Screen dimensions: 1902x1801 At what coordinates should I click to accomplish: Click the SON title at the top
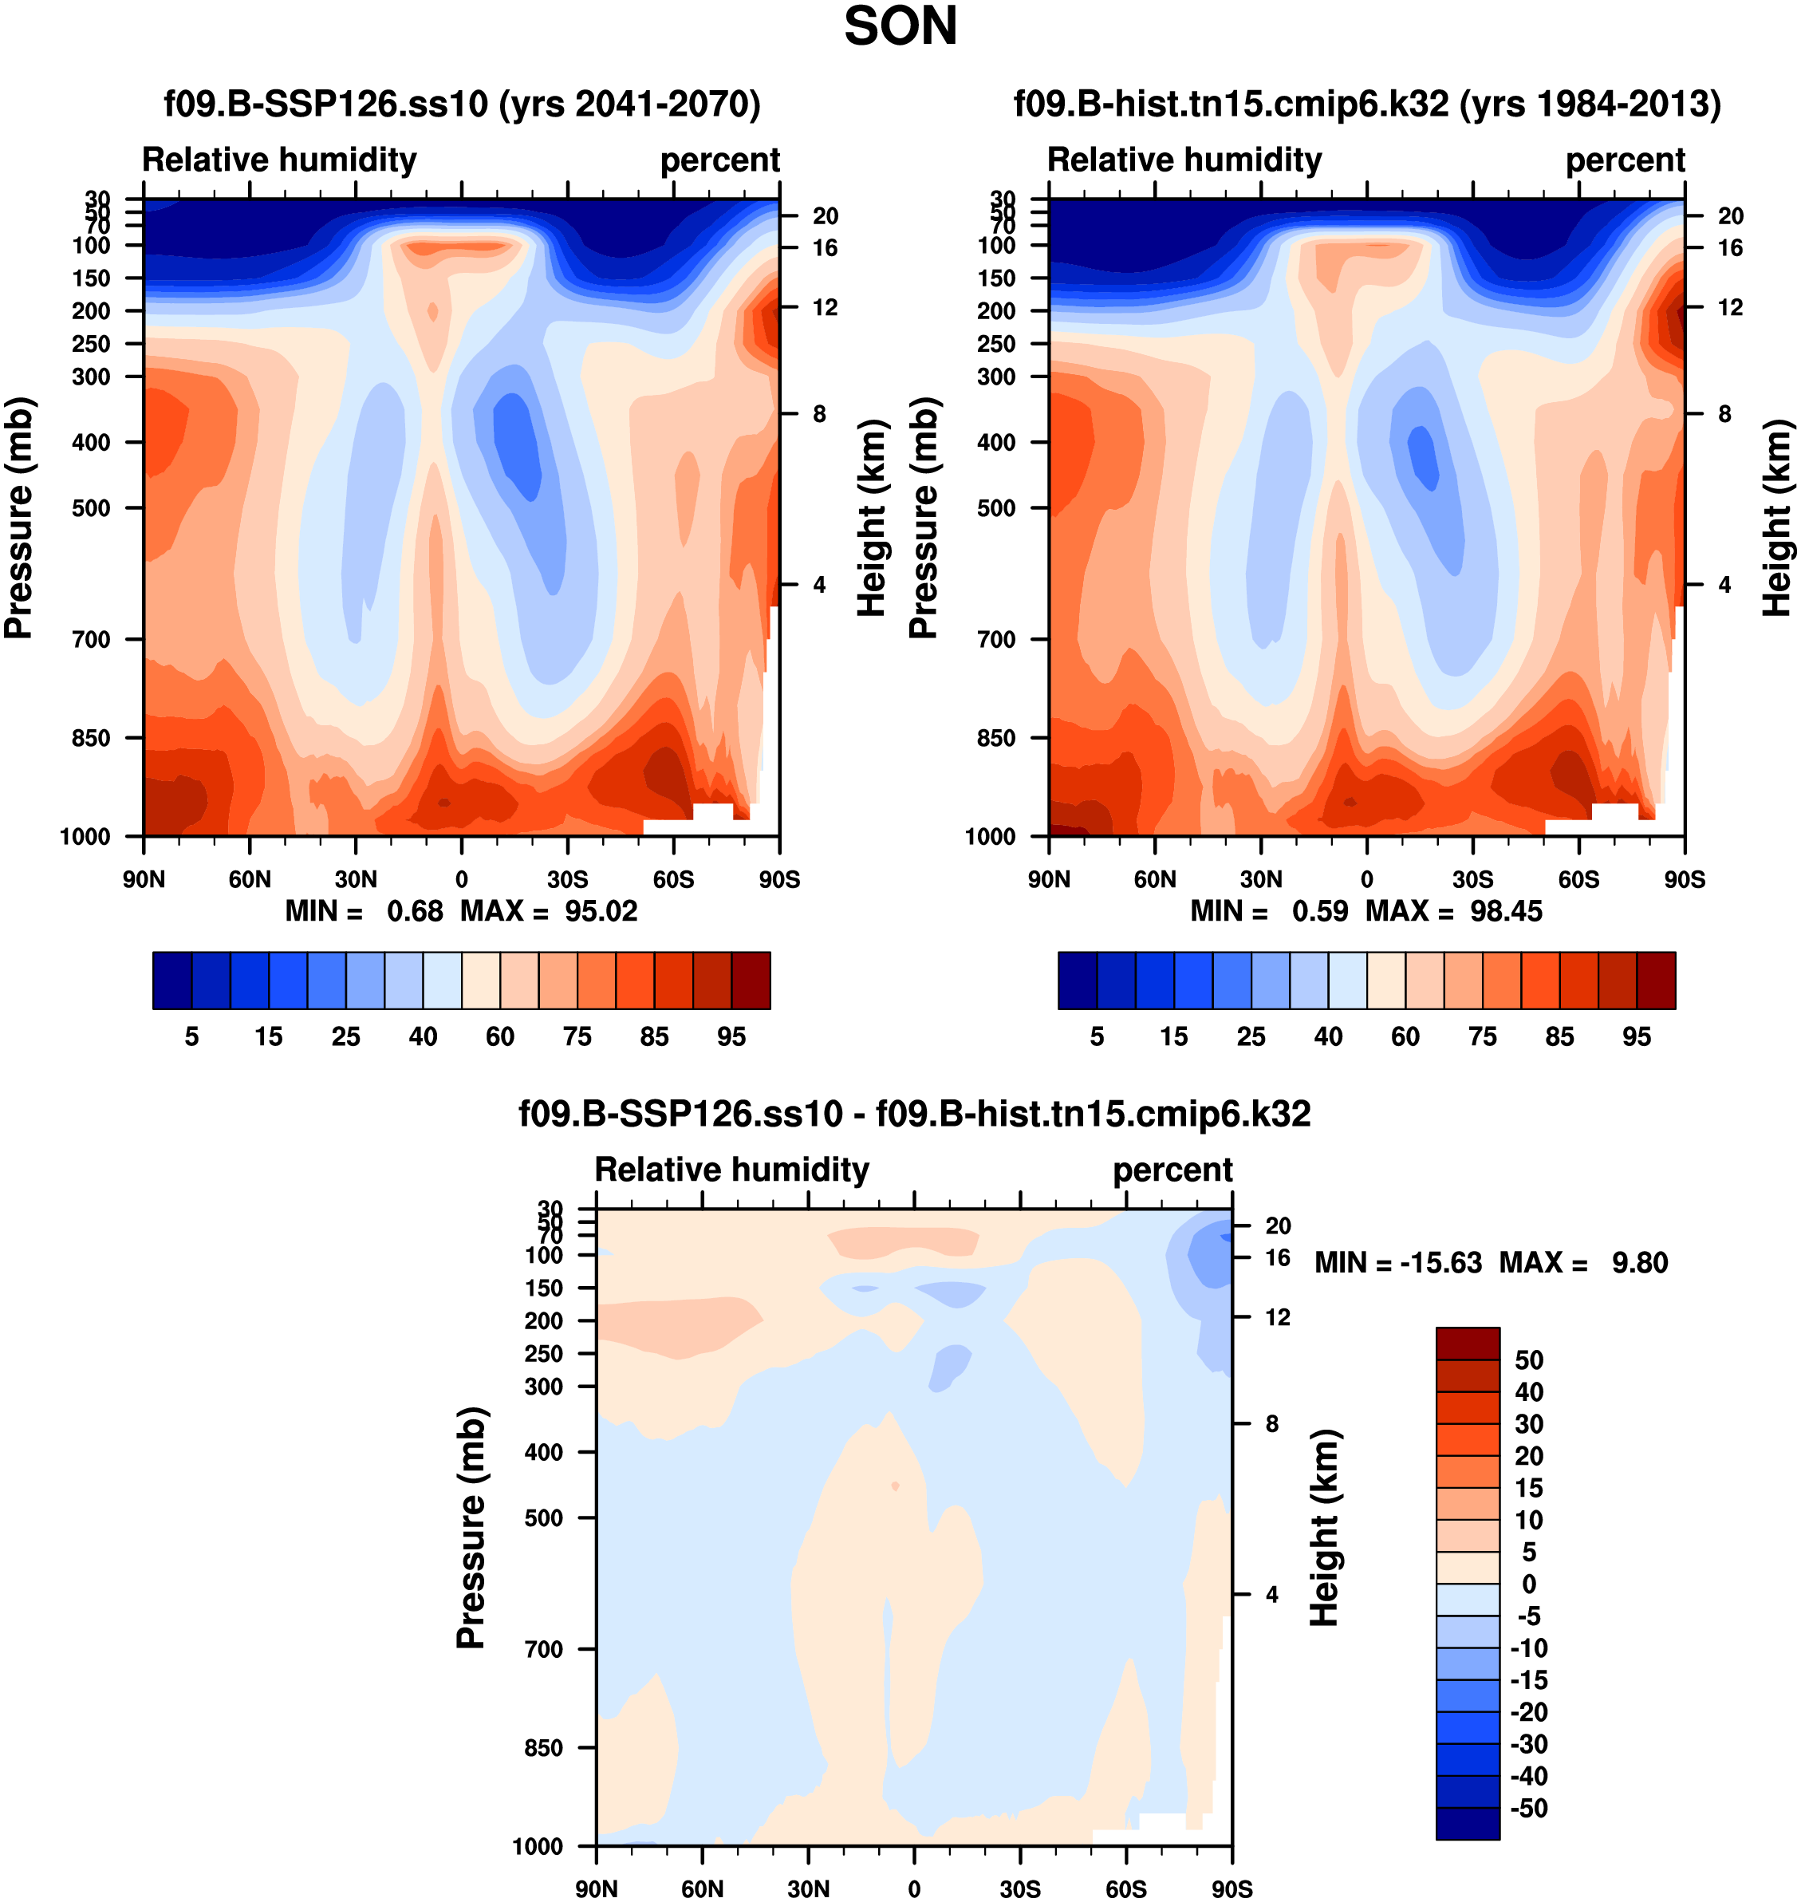pos(900,27)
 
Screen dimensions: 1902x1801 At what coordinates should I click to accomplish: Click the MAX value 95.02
pos(601,911)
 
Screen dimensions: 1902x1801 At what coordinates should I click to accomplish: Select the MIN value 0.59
pos(1320,911)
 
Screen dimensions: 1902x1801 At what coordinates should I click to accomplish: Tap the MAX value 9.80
pos(1640,1263)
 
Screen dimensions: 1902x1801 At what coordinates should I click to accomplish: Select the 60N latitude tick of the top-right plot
pos(1155,879)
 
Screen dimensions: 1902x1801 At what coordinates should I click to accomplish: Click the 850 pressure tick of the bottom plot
pos(543,1747)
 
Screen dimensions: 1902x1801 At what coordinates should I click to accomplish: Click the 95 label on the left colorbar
pos(731,1037)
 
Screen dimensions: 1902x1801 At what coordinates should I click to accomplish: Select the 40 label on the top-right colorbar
pos(1329,1037)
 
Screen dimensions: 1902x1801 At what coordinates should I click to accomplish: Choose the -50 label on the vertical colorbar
pos(1529,1809)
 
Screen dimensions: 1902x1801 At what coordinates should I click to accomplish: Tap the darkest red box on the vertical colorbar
pos(1467,1344)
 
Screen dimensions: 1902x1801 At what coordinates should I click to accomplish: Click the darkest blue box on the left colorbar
pos(171,981)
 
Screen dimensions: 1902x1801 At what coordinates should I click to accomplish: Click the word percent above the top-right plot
pos(1625,160)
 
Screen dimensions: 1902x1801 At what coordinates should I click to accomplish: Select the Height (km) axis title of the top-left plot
pos(871,519)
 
